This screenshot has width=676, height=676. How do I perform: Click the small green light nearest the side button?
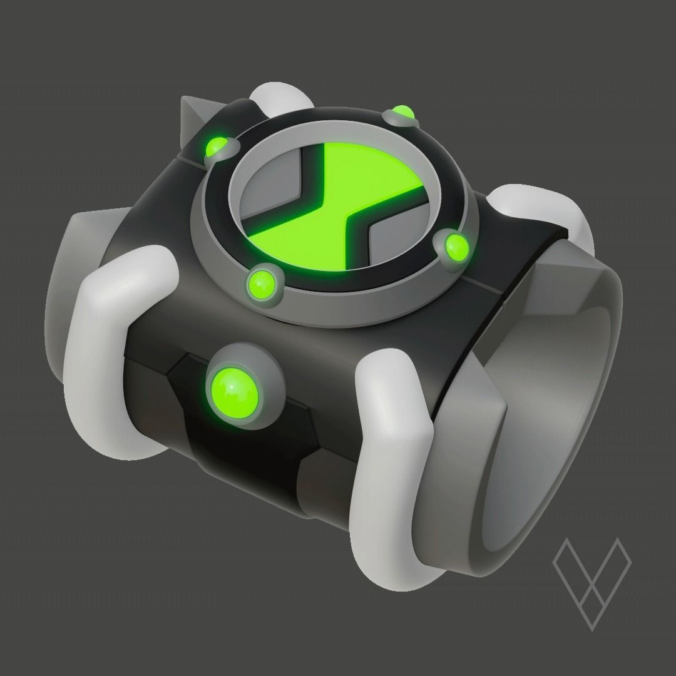[x=262, y=284]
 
